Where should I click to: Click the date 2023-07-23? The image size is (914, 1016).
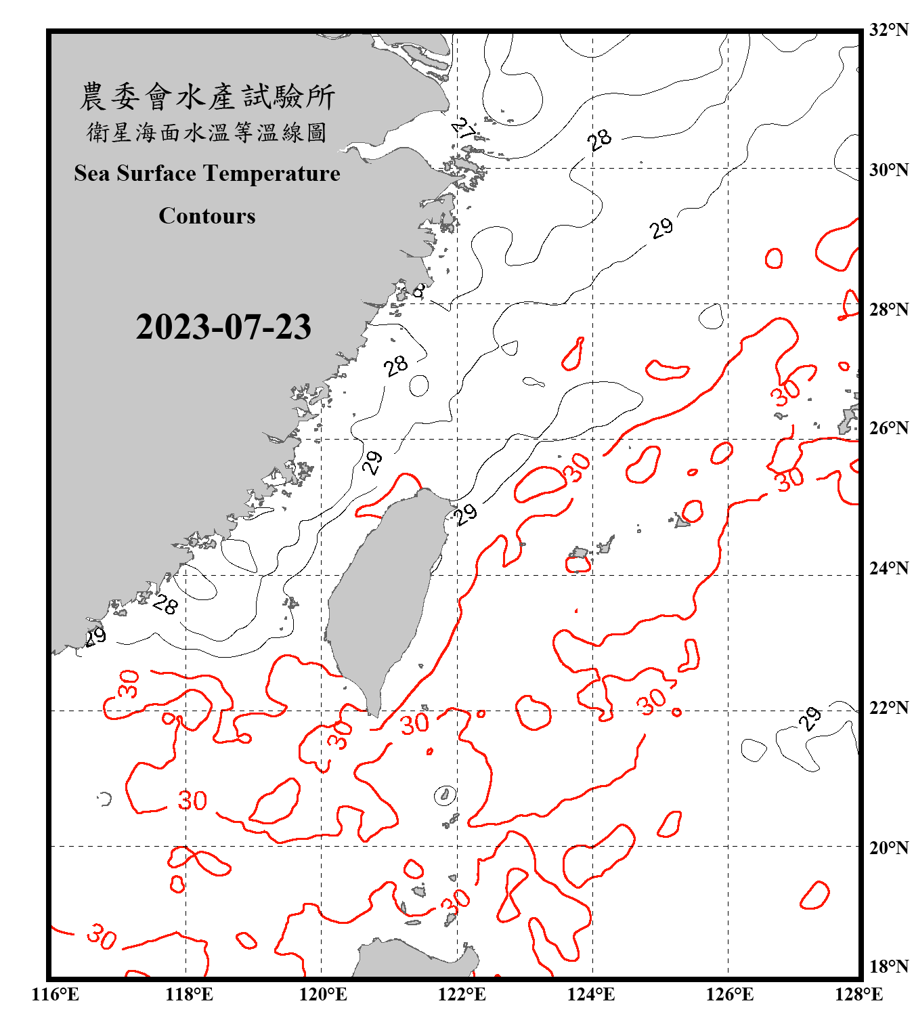point(223,327)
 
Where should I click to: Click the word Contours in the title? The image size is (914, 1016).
point(207,216)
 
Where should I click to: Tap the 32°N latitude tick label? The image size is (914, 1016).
point(889,30)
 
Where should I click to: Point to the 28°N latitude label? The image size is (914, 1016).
point(889,310)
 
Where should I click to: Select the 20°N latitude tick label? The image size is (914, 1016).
point(889,847)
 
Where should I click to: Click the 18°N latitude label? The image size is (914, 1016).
point(889,967)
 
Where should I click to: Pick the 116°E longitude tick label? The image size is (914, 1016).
point(56,994)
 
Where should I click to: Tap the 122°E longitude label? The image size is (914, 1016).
point(462,994)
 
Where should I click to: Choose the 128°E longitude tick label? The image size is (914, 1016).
point(858,994)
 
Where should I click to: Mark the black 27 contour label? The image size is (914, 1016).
point(464,128)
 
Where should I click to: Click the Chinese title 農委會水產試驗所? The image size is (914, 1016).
point(207,96)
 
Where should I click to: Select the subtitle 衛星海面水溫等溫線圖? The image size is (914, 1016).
point(207,132)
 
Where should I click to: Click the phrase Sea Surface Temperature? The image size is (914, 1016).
point(207,173)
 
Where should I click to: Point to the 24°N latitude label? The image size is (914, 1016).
point(889,568)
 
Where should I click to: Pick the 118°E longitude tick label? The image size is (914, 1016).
point(189,994)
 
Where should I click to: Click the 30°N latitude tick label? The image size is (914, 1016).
point(889,169)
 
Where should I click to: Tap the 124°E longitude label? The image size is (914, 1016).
point(591,994)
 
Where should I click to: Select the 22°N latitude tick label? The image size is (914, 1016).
point(889,708)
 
